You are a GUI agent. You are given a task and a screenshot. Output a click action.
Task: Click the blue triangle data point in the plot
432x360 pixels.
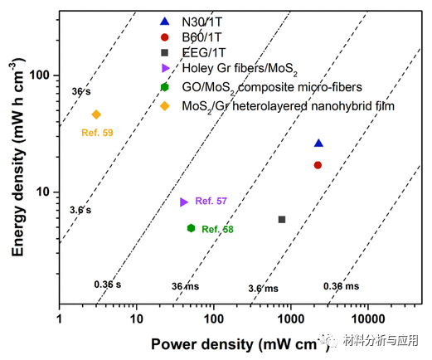(x=318, y=144)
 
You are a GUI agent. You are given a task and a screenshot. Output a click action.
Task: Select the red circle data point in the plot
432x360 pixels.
(x=318, y=165)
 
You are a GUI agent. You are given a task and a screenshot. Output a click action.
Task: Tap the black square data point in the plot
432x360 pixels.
(x=282, y=219)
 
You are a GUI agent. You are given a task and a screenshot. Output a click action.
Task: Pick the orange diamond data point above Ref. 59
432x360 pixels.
(x=96, y=114)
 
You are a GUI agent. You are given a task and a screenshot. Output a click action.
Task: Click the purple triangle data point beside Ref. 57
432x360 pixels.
(x=184, y=202)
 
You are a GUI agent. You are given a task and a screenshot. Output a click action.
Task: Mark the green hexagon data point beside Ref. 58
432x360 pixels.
(x=191, y=228)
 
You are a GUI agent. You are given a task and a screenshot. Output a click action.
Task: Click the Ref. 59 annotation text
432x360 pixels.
(x=97, y=132)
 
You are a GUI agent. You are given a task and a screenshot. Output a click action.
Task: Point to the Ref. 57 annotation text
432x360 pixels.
(x=211, y=202)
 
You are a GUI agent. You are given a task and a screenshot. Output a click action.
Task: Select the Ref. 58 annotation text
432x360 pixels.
(x=217, y=229)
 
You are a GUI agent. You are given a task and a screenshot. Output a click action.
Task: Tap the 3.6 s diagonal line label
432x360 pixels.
(x=80, y=210)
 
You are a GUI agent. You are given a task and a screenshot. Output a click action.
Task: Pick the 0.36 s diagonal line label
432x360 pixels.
(x=106, y=285)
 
